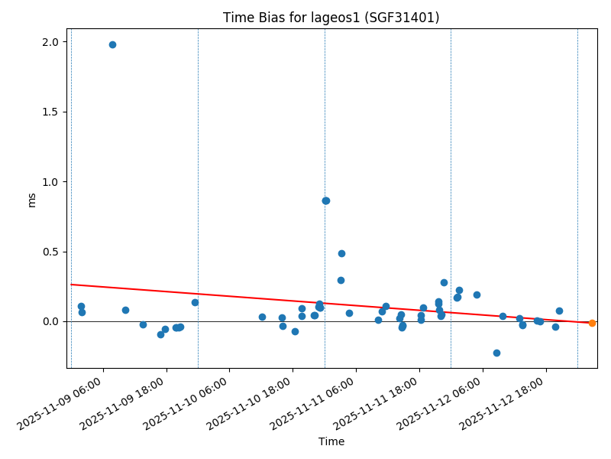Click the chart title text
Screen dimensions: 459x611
pyautogui.click(x=331, y=18)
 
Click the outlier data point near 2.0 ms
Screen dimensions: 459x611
pyautogui.click(x=112, y=44)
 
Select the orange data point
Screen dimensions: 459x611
pyautogui.click(x=592, y=323)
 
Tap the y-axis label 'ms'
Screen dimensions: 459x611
pyautogui.click(x=31, y=199)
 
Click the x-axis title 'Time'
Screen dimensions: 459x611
pyautogui.click(x=331, y=441)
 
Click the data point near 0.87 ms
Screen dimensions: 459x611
pyautogui.click(x=326, y=200)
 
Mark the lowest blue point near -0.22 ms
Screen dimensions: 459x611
pyautogui.click(x=496, y=353)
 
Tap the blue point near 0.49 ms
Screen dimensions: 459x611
pyautogui.click(x=341, y=253)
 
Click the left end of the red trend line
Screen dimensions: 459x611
pyautogui.click(x=71, y=285)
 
